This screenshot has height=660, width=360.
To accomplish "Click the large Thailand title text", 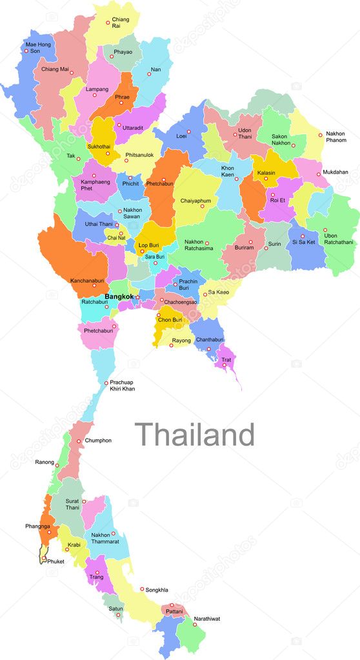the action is [194, 435].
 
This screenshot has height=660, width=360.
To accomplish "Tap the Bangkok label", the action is [119, 297].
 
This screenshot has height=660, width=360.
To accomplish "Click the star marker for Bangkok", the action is [137, 297].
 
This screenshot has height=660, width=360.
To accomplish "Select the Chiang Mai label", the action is [55, 69].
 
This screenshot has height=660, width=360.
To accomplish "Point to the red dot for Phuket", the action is [44, 559].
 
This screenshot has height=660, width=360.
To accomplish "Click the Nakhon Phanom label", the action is [335, 137].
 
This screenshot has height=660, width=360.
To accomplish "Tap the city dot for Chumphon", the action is [79, 441].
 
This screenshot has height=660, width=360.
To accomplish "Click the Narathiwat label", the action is [206, 619].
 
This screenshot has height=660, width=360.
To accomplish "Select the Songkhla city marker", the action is [142, 588].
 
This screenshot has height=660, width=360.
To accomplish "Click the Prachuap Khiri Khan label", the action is [122, 386].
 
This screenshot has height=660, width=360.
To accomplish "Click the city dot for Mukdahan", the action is [317, 174].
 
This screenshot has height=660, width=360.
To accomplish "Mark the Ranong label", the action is [45, 463].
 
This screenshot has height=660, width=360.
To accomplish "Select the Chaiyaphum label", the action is [195, 201].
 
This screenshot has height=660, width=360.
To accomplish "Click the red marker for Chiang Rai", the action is [108, 23].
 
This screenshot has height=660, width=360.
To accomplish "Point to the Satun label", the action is [115, 608].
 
